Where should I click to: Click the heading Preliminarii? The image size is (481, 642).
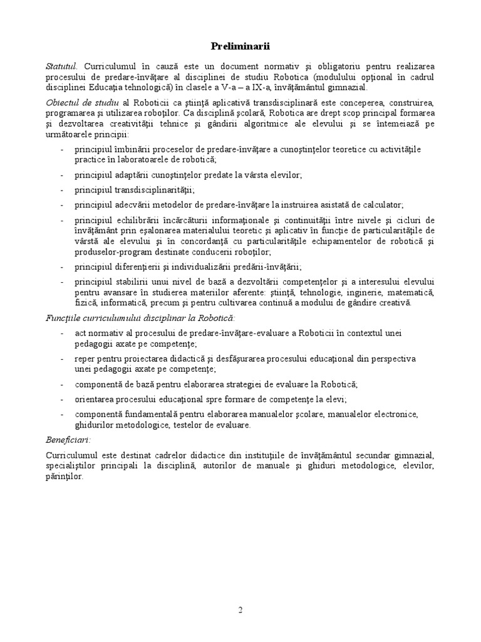[x=240, y=46]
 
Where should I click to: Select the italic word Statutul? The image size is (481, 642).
[x=61, y=66]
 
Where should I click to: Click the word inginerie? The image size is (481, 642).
[x=361, y=293]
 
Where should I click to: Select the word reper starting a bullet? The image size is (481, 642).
[x=85, y=359]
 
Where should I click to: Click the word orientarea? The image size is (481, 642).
[x=94, y=399]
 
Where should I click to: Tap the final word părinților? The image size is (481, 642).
[x=64, y=476]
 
